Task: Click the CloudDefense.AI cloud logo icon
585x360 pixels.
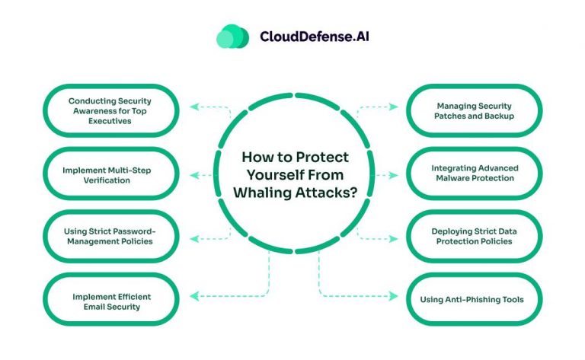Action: click(232, 37)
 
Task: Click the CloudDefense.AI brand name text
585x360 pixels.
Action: click(315, 37)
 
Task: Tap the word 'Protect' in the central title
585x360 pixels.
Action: click(323, 158)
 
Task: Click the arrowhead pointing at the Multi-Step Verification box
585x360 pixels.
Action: click(194, 175)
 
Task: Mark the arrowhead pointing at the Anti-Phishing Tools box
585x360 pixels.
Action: click(393, 296)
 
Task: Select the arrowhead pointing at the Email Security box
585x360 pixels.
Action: click(194, 296)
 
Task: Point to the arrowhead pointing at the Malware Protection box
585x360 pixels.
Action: click(393, 175)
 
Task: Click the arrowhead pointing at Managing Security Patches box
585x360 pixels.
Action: click(393, 107)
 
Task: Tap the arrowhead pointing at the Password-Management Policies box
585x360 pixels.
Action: click(194, 238)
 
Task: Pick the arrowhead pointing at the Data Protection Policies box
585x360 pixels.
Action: click(393, 238)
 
